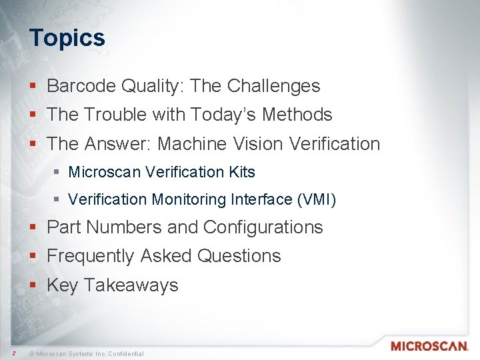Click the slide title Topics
(x=67, y=37)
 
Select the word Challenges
(x=273, y=86)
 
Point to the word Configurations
(x=263, y=227)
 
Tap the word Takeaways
(x=131, y=285)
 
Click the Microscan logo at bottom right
(x=429, y=346)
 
